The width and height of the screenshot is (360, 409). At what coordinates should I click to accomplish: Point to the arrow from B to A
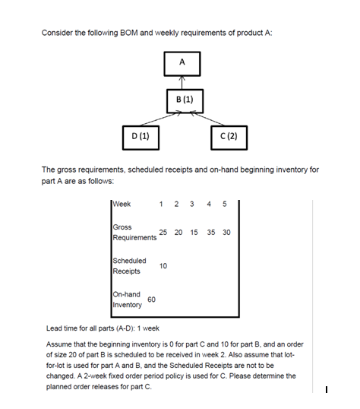point(182,83)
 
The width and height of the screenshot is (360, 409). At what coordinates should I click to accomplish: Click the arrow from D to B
point(161,119)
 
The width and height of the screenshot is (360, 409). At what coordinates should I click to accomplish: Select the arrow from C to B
point(207,119)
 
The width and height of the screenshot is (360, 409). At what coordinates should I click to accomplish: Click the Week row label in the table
point(122,204)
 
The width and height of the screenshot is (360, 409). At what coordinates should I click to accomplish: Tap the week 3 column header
point(192,204)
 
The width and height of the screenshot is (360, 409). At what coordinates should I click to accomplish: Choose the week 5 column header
point(225,204)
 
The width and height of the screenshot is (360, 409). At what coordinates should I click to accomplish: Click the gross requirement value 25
point(163,233)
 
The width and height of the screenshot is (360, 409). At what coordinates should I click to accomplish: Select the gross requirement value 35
point(211,233)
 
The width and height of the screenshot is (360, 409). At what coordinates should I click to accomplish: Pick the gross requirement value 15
point(194,233)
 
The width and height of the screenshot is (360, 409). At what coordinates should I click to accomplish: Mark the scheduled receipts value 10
point(163,266)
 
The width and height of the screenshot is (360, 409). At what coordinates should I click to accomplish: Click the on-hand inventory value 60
point(151,300)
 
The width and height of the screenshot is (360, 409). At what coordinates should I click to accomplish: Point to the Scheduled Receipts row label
point(130,266)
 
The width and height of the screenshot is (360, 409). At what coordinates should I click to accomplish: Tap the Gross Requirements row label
point(134,233)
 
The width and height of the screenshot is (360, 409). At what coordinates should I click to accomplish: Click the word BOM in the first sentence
point(129,33)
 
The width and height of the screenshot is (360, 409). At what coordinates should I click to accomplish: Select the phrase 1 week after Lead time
point(148,328)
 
